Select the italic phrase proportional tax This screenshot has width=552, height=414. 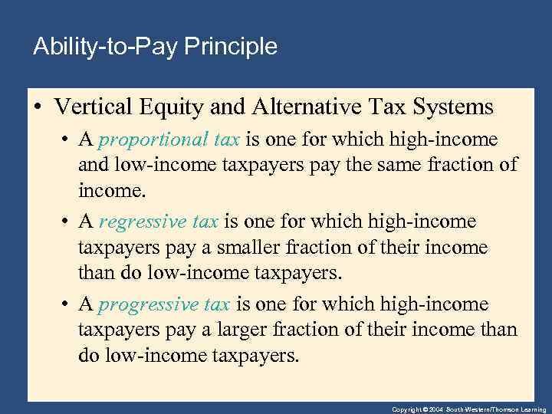(169, 140)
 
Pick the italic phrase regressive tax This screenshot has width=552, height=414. (159, 222)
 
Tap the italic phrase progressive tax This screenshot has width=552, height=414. (164, 304)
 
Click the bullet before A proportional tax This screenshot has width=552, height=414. (66, 140)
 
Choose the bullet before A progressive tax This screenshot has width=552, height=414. (66, 305)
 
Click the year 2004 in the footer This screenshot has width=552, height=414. (434, 409)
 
